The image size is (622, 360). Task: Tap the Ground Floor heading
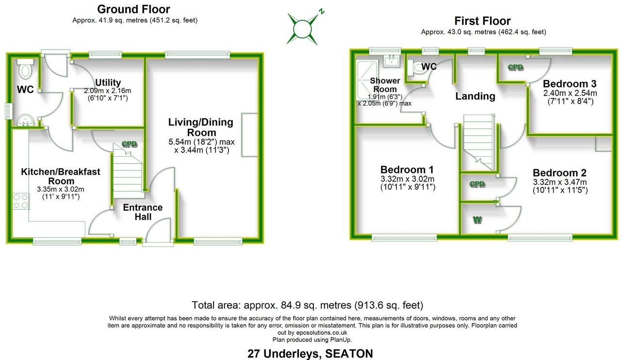(133, 9)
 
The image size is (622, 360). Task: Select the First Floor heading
(482, 21)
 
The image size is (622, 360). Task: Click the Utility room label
(108, 82)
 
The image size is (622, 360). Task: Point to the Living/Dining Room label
(200, 127)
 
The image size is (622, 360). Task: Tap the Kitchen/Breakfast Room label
(61, 176)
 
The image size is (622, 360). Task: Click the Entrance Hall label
(143, 212)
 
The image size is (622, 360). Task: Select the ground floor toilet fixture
(25, 69)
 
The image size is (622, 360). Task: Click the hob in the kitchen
(21, 201)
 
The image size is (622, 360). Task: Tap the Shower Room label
(385, 85)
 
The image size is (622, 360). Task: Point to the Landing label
(475, 96)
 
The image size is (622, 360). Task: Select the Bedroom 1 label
(407, 170)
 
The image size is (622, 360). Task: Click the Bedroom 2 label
(559, 173)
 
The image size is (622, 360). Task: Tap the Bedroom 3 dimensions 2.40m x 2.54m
(570, 93)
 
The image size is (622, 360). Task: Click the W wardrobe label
(477, 220)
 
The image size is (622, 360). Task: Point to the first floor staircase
(478, 141)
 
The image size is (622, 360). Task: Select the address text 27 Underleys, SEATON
(310, 353)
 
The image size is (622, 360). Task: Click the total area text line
(308, 305)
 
